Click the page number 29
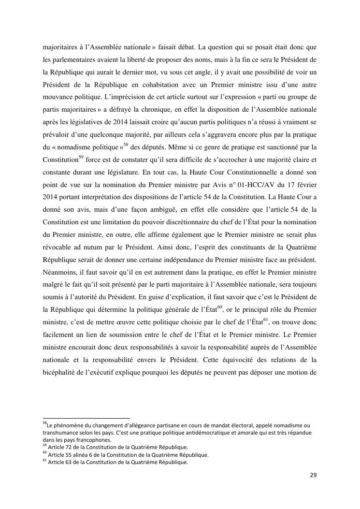click(x=313, y=475)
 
